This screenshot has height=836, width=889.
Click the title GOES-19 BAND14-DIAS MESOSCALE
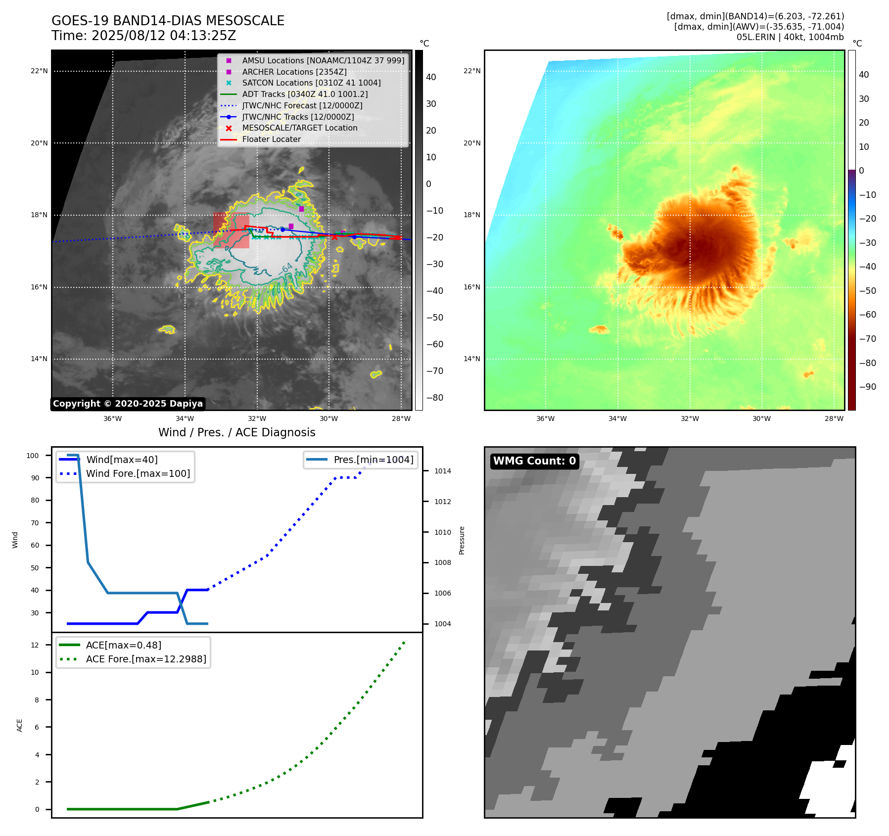168,21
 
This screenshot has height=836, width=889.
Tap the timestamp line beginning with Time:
143,36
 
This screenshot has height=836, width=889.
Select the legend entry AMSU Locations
323,60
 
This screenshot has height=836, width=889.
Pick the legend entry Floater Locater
271,139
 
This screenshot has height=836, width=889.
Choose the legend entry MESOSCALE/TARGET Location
299,128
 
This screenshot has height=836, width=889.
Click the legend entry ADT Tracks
305,94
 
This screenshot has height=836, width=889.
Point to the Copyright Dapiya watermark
128,404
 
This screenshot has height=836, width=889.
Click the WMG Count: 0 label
534,461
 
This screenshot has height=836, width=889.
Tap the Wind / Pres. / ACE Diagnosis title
236,432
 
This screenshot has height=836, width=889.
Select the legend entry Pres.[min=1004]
373,460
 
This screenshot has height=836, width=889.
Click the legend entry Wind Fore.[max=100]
138,473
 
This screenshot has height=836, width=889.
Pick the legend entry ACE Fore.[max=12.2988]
146,659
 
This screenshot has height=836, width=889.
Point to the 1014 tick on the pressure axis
442,471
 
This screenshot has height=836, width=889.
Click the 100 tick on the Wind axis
33,456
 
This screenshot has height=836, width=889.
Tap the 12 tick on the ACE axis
35,645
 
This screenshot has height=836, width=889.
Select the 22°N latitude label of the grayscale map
39,71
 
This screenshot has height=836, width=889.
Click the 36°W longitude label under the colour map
545,418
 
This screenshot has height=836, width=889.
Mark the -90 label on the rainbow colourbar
867,387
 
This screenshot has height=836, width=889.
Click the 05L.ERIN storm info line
790,37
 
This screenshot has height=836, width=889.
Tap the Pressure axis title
462,540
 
